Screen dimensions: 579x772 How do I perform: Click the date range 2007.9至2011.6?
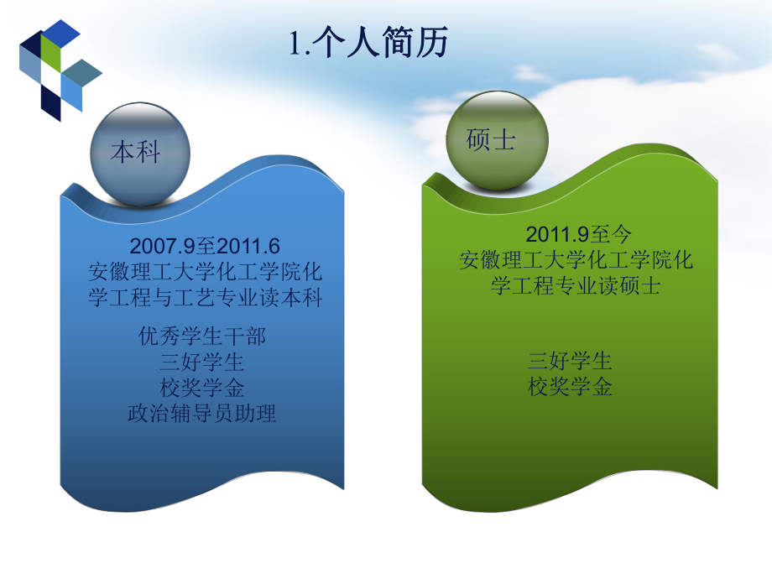tap(205, 246)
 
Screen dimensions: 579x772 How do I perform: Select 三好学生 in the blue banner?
tap(202, 363)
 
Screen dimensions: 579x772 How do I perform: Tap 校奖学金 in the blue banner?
tap(202, 388)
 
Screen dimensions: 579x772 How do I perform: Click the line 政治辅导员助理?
tap(202, 413)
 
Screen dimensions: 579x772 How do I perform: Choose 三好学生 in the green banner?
tap(571, 362)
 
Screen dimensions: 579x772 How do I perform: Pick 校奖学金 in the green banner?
tap(571, 387)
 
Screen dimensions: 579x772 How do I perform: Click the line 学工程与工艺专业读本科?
tap(205, 298)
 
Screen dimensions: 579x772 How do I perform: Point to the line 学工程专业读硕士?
tap(576, 285)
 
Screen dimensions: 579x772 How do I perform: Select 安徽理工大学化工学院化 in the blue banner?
tap(205, 272)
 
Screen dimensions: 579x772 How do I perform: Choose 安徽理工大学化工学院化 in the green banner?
tap(576, 259)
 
